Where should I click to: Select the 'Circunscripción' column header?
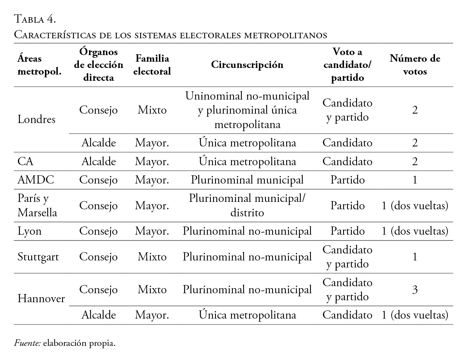tap(247, 65)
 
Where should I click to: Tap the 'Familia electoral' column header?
tap(152, 65)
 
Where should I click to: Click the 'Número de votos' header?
tap(415, 65)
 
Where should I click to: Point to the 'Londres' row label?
tap(37, 119)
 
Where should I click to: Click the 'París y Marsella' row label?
tap(37, 205)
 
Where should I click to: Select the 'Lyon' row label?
tap(30, 231)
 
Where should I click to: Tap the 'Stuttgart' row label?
tap(39, 257)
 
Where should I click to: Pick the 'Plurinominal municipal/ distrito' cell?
tap(247, 205)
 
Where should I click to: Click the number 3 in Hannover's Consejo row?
tap(415, 290)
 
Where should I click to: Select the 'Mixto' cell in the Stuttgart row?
tap(152, 257)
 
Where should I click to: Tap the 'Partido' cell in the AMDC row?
tap(348, 180)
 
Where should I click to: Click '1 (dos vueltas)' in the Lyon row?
tap(415, 231)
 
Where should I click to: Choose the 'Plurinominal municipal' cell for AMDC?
tap(247, 180)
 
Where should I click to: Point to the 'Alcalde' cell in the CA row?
tap(98, 161)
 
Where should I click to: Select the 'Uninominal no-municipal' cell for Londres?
tap(247, 110)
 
